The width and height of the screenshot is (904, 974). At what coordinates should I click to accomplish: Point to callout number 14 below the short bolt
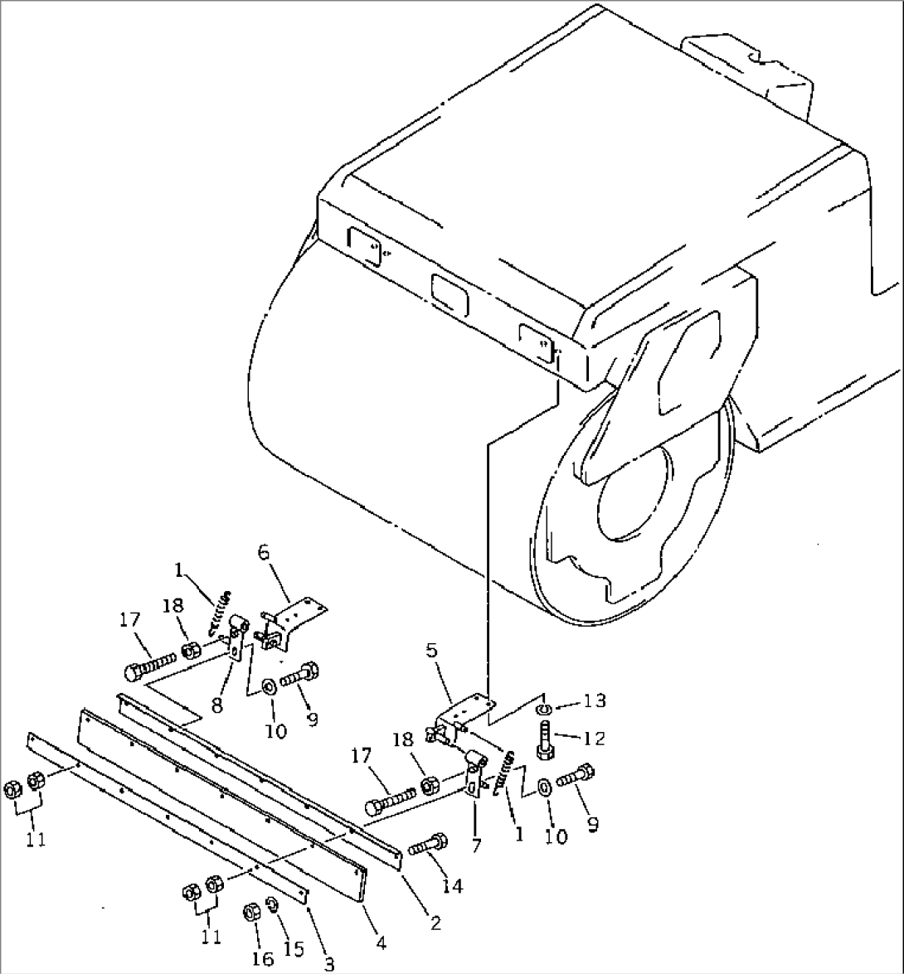(451, 886)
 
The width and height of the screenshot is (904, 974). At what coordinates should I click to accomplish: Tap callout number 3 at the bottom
(329, 963)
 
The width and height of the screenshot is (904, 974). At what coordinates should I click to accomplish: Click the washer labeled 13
(543, 708)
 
